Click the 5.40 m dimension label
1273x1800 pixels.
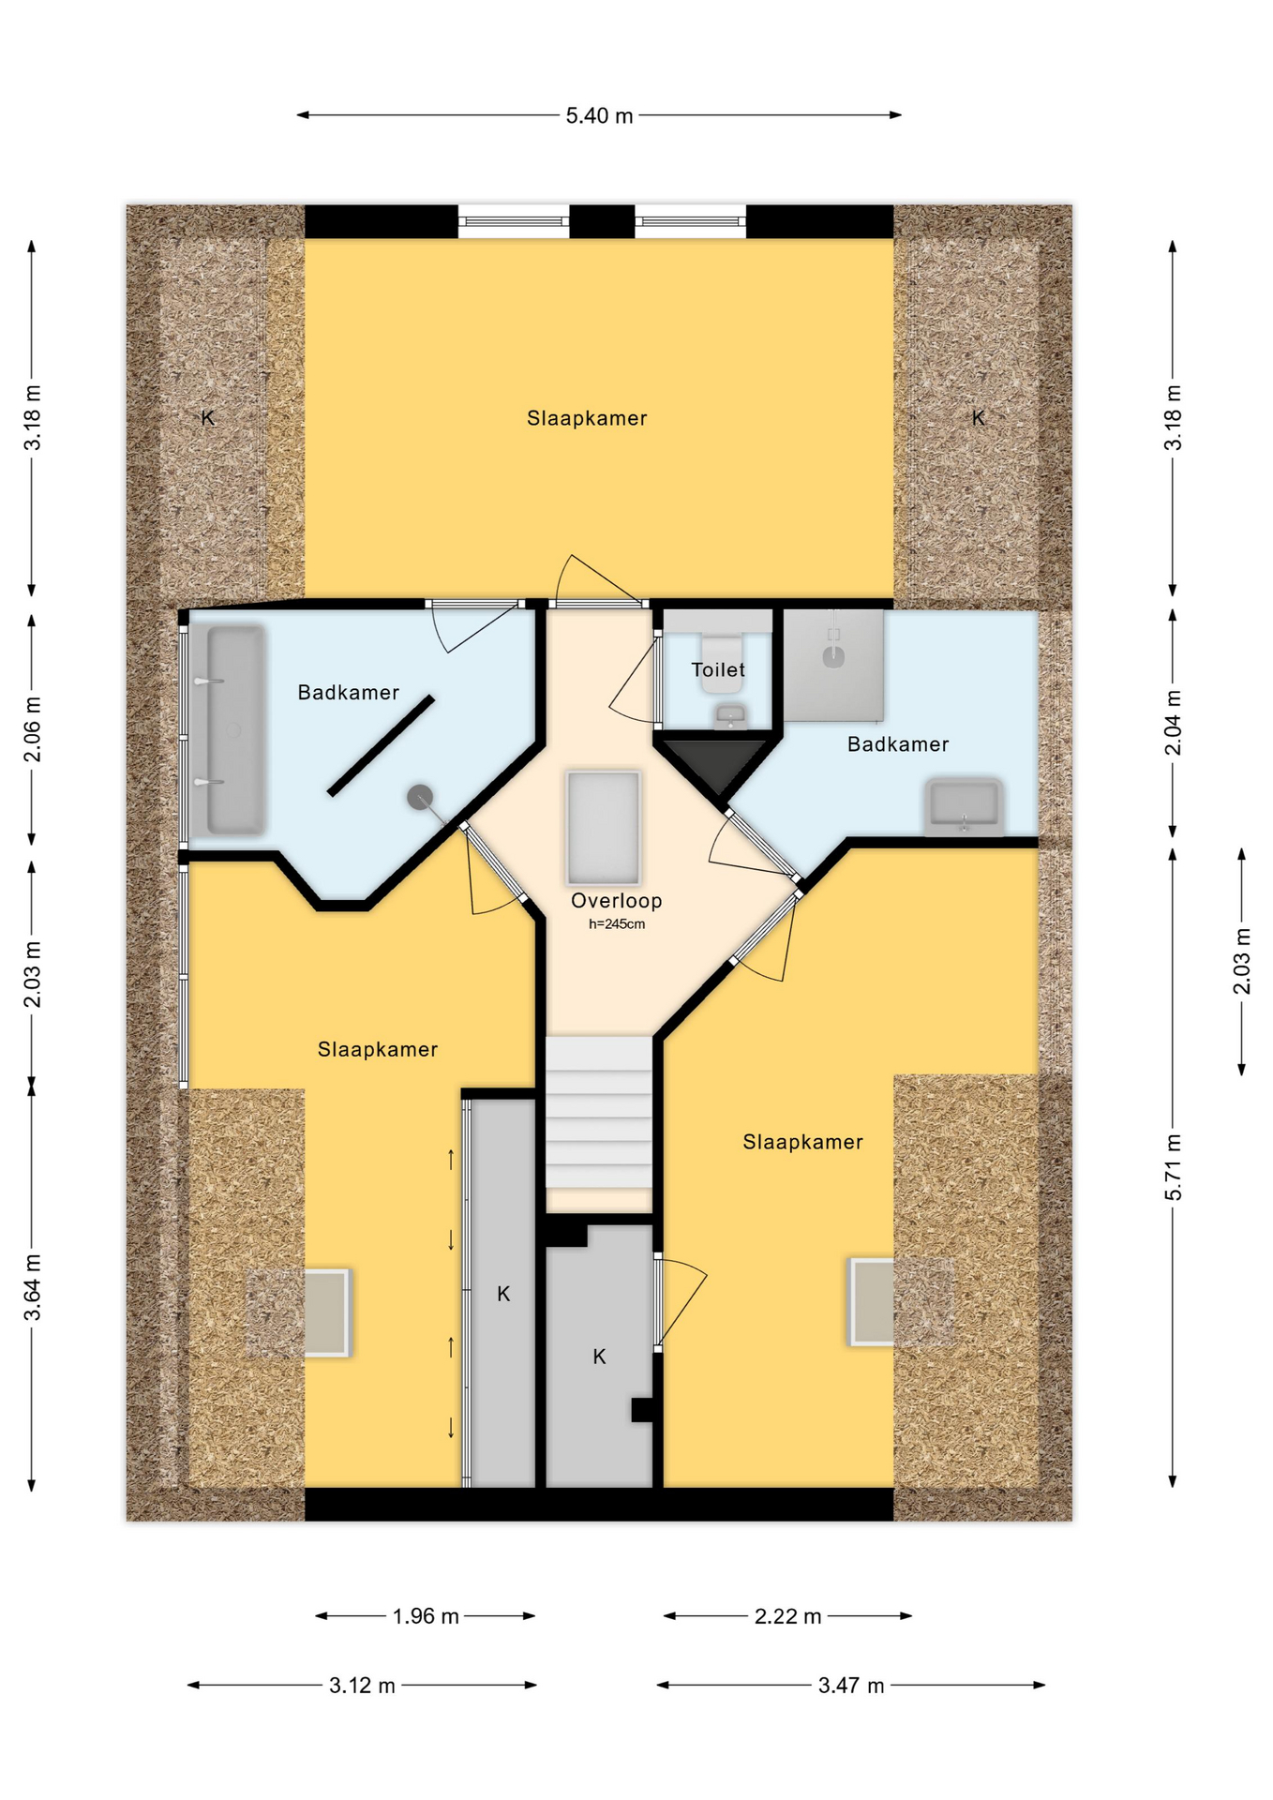tap(599, 115)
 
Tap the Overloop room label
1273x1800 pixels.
tap(616, 901)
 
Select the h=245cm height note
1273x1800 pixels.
tap(616, 924)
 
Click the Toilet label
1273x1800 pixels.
tap(718, 670)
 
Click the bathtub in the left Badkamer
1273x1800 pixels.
tap(235, 730)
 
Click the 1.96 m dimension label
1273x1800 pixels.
tap(426, 1616)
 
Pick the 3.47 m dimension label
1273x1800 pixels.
tap(851, 1686)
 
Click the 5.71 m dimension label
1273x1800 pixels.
tap(1174, 1167)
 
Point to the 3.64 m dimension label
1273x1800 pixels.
tap(33, 1286)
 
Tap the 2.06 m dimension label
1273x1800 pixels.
tap(33, 729)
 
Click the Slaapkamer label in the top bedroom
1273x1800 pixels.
tap(587, 419)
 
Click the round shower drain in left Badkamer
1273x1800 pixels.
tap(420, 798)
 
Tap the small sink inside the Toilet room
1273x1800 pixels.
tap(730, 718)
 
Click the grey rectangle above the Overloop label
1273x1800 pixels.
tap(603, 828)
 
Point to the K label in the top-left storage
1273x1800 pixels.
tap(208, 418)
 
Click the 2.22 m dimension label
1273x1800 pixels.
tap(787, 1616)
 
